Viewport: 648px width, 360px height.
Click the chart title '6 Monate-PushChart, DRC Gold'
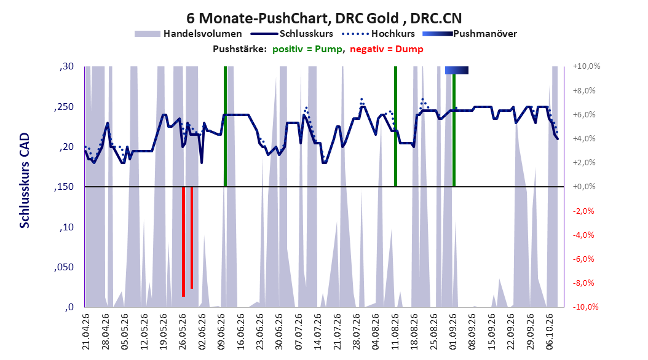pos(293,18)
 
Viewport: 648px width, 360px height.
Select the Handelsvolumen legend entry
pos(188,34)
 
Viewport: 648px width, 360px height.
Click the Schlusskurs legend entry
pos(292,34)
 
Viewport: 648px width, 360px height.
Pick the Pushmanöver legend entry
pos(470,34)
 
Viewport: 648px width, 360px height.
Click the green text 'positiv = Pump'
pos(307,49)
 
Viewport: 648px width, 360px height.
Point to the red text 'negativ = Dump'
pos(387,49)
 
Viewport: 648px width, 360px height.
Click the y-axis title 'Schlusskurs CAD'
pos(25,181)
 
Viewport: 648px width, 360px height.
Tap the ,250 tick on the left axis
pos(64,107)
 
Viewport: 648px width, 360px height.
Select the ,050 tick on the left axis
pos(64,267)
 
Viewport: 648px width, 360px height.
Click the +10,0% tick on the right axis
pos(587,66)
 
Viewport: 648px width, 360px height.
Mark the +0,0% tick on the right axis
pos(584,187)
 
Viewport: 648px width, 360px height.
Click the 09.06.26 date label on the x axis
pos(222,332)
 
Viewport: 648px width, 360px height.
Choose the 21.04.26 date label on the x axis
pos(86,332)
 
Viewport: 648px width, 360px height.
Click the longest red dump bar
pos(183,241)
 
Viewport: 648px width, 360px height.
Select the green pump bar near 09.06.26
pos(225,127)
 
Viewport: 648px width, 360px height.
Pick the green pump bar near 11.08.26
pos(395,127)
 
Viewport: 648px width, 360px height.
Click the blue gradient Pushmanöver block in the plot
pos(457,70)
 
